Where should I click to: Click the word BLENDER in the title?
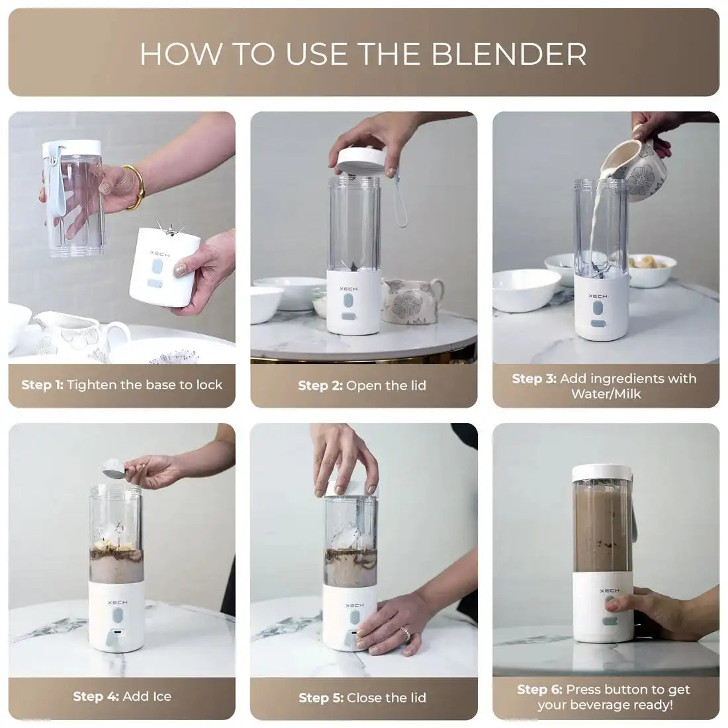[509, 54]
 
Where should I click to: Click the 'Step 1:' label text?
[42, 385]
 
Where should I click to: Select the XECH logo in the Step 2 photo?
[348, 289]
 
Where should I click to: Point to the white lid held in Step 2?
[361, 160]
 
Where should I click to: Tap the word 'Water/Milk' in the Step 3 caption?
[606, 394]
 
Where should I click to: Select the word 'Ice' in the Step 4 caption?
[160, 696]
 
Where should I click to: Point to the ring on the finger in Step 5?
[406, 633]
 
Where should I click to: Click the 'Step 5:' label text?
[321, 698]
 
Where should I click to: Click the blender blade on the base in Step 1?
[169, 229]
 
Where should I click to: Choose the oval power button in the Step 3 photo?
[598, 308]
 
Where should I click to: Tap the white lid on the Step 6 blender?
[603, 473]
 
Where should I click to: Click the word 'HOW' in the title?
[181, 54]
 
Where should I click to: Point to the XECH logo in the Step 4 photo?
[117, 603]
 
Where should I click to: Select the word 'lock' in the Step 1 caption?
[209, 385]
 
